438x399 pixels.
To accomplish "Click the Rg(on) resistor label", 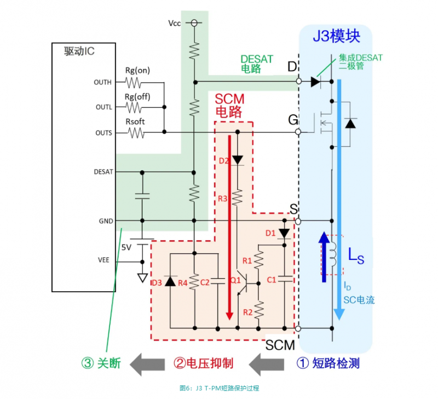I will [x=137, y=70].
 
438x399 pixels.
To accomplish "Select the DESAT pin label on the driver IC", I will [x=103, y=171].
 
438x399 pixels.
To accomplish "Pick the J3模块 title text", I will [x=336, y=37].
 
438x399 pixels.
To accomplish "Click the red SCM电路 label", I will [x=229, y=105].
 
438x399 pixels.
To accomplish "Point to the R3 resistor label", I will [x=223, y=199].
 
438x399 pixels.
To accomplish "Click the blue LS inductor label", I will [x=356, y=255].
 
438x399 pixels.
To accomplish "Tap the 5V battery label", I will [x=126, y=247].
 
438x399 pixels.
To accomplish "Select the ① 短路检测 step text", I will [x=327, y=363].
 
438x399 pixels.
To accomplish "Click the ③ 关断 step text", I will [x=101, y=363].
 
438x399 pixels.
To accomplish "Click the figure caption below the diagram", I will [x=219, y=388].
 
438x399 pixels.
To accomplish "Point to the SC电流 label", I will [x=359, y=300].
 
